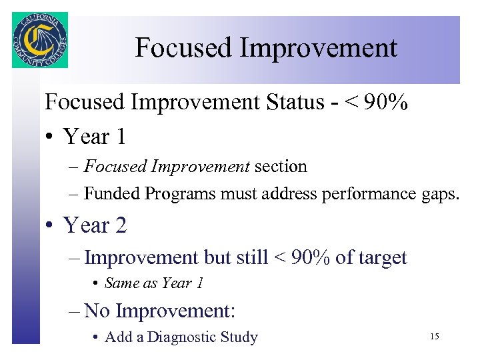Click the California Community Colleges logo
pyautogui.click(x=40, y=40)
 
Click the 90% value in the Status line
pyautogui.click(x=386, y=103)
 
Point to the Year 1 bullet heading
pyautogui.click(x=94, y=137)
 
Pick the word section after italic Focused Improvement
pyautogui.click(x=281, y=167)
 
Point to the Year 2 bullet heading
pyautogui.click(x=94, y=225)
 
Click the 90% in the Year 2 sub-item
pyautogui.click(x=309, y=257)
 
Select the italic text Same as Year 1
pyautogui.click(x=154, y=283)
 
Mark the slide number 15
pyautogui.click(x=435, y=337)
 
